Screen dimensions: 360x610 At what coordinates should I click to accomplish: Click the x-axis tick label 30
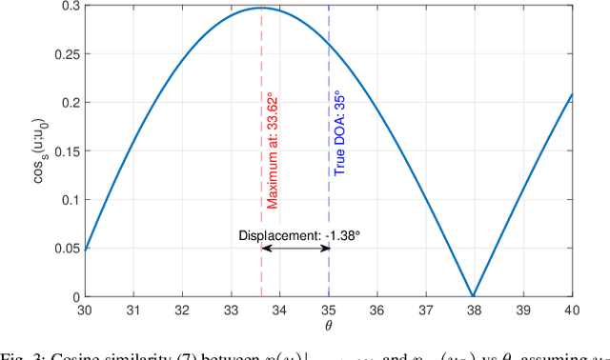point(86,310)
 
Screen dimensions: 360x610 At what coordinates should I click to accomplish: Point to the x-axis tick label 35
point(329,310)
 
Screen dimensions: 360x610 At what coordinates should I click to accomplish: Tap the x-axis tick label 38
point(474,310)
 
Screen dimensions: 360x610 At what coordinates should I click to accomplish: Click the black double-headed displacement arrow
point(295,248)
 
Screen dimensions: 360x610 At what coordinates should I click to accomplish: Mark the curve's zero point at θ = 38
point(474,295)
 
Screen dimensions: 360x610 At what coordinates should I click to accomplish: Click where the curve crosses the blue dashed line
point(329,44)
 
